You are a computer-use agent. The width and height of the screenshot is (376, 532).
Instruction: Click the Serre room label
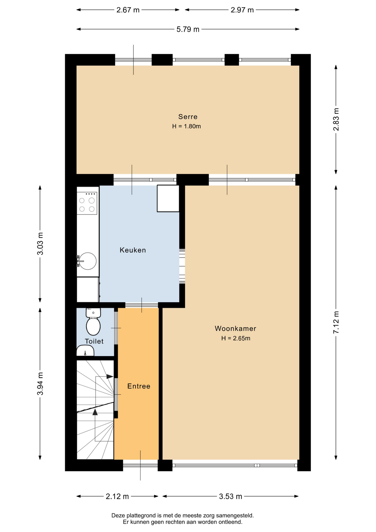[188, 117]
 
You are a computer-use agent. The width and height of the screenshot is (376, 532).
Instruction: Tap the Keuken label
[133, 250]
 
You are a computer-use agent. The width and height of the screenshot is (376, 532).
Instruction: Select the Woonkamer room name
[235, 328]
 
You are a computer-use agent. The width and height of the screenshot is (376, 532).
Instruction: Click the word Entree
[139, 386]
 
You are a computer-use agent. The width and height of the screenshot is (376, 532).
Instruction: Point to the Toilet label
[94, 341]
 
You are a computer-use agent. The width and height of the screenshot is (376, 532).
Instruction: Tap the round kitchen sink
[88, 261]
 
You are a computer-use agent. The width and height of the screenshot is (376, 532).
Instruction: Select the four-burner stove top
[87, 203]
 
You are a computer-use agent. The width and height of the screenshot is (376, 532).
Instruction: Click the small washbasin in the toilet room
[85, 351]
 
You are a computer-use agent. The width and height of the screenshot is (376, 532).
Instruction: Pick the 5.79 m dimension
[188, 29]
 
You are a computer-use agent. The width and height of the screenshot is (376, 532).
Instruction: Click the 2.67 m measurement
[128, 10]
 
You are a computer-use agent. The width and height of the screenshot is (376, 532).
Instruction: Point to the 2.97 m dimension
[242, 10]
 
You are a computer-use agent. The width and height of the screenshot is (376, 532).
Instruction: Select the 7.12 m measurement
[336, 322]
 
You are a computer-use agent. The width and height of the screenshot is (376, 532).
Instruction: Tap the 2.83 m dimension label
[336, 119]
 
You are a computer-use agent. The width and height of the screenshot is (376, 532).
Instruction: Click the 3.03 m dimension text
[40, 244]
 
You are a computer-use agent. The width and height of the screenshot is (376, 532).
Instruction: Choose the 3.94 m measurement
[40, 384]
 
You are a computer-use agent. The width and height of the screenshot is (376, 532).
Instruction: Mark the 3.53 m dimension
[230, 496]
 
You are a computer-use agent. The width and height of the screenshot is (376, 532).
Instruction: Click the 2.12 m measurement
[117, 496]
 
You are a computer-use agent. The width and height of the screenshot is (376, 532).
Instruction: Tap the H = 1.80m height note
[186, 126]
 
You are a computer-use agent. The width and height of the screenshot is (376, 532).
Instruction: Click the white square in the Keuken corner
[168, 198]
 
